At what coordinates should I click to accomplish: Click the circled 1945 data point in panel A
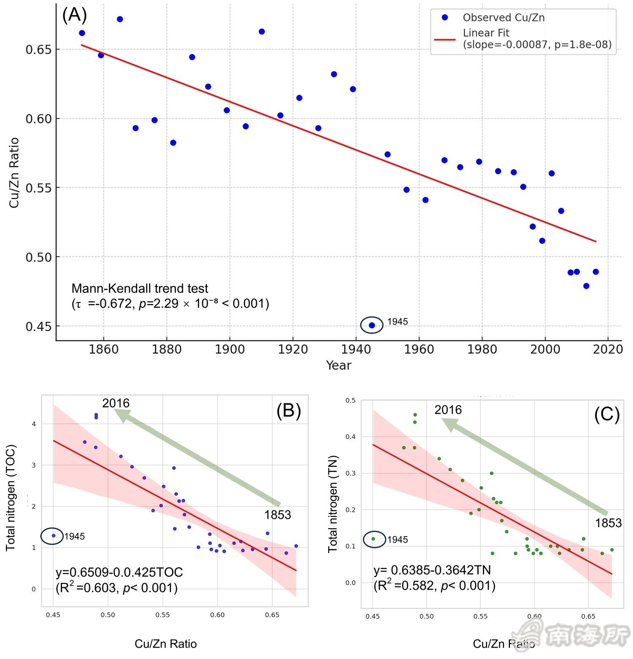click(372, 325)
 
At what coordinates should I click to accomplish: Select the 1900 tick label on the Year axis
click(230, 349)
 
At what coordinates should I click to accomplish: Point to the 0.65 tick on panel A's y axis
click(38, 49)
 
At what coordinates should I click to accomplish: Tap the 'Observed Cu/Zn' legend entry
click(503, 18)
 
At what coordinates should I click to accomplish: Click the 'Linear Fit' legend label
click(486, 33)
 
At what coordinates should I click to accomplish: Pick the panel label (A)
click(74, 15)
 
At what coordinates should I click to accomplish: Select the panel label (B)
click(289, 410)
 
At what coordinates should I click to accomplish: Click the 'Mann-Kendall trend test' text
click(140, 289)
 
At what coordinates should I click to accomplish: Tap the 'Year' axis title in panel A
click(338, 365)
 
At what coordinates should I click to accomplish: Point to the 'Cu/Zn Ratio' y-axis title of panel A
click(14, 173)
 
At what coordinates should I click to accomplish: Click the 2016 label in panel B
click(116, 403)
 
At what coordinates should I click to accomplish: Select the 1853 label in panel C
click(608, 523)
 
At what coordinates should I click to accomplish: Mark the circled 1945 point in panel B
click(54, 536)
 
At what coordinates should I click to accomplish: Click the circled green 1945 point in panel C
click(373, 539)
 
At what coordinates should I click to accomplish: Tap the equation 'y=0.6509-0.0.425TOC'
click(119, 573)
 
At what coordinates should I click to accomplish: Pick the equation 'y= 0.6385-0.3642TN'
click(432, 570)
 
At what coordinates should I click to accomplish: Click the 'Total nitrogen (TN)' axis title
click(333, 504)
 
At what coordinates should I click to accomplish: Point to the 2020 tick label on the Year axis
click(608, 349)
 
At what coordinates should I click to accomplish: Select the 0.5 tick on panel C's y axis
click(350, 400)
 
